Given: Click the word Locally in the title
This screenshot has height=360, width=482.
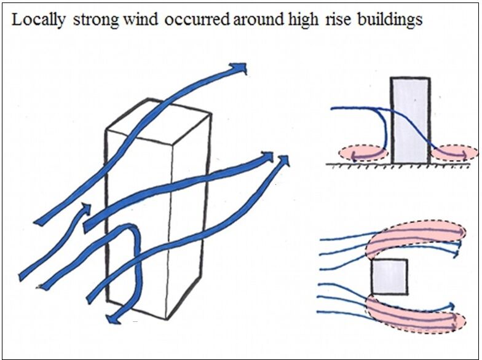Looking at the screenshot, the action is [x=38, y=20].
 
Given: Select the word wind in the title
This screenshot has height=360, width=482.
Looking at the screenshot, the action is [x=140, y=20].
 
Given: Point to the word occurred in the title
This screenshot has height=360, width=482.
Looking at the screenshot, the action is [x=197, y=20].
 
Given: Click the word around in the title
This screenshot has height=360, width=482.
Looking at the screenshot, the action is [x=258, y=20].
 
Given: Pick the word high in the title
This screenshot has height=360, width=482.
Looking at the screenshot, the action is [x=304, y=20].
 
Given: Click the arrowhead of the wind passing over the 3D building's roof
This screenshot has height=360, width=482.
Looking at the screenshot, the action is [x=239, y=68].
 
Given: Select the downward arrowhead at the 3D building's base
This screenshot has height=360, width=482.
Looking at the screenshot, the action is [x=113, y=319].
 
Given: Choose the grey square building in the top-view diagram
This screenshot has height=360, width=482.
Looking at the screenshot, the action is [x=389, y=276].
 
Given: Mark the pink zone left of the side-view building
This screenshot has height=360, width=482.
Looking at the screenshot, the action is [x=363, y=152].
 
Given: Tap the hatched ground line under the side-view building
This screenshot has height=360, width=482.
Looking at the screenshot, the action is [x=398, y=166].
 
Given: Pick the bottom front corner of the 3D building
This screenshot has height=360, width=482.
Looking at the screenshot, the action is [x=167, y=319].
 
